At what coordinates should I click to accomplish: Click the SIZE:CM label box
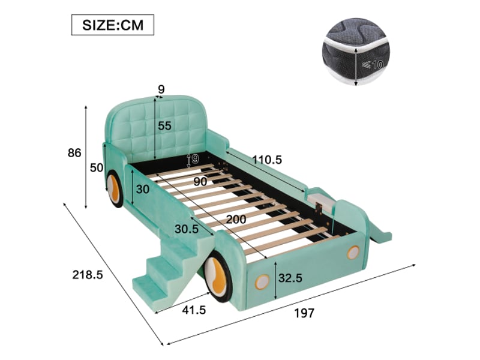[113, 25]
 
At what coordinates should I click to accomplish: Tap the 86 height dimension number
[74, 152]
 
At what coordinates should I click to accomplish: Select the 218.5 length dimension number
[88, 275]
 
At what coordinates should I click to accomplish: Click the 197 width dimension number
[304, 313]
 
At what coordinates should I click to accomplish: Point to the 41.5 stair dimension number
[194, 310]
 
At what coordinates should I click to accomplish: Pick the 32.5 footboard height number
[290, 278]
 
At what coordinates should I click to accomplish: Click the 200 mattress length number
[236, 219]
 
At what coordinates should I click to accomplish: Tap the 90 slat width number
[200, 182]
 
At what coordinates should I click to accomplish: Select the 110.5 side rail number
[267, 160]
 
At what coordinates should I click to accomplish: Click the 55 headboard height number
[164, 125]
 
